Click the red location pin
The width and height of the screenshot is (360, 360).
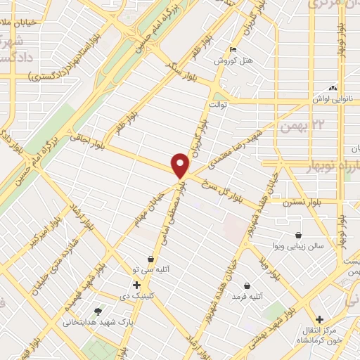tap(181, 165)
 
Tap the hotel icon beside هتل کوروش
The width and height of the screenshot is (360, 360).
tap(233, 49)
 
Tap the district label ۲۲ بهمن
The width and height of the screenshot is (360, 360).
tap(295, 126)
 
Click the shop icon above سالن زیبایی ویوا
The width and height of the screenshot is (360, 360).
tap(299, 235)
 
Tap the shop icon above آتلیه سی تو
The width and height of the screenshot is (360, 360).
tap(150, 259)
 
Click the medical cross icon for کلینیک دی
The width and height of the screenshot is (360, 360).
tap(136, 285)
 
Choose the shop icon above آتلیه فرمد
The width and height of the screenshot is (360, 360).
tap(247, 285)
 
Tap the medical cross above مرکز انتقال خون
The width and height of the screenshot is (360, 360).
tap(320, 319)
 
